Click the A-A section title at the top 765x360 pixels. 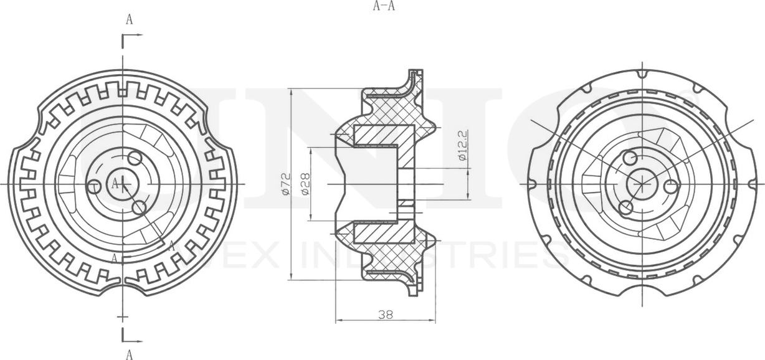click(x=384, y=7)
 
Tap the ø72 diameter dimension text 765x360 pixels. click(x=285, y=185)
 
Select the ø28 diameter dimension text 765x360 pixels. click(x=305, y=184)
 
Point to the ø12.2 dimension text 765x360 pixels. click(x=462, y=146)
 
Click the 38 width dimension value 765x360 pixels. click(x=385, y=315)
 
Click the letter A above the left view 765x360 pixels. click(x=130, y=19)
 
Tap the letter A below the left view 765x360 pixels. click(x=130, y=354)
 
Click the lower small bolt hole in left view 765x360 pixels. click(x=140, y=207)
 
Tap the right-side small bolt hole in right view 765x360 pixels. click(x=670, y=186)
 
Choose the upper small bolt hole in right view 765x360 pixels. click(x=630, y=157)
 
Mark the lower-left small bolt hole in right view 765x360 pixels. click(x=627, y=207)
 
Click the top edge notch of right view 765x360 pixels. click(x=641, y=73)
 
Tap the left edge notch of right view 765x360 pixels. click(x=531, y=185)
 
